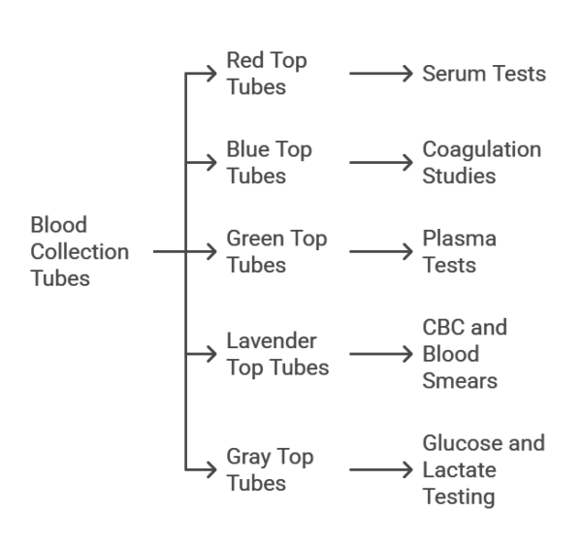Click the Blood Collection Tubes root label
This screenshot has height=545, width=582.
coord(80,251)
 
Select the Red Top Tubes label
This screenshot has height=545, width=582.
coord(266,74)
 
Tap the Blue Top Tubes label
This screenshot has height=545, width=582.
coord(269,162)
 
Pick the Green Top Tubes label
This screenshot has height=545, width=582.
coord(276,251)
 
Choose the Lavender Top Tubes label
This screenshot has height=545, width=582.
coord(276,354)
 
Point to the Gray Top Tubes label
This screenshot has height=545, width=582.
coord(270,468)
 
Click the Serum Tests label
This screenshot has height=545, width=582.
coord(484,74)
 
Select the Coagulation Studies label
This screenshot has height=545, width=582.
coord(481,162)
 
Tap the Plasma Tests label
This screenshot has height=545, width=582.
coord(459,251)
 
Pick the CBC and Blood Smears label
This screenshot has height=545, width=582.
coord(464,354)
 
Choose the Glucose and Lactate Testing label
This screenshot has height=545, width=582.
coord(483,469)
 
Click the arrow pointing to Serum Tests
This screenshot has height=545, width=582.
coord(382,74)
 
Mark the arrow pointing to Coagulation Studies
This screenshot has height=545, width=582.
coord(382,162)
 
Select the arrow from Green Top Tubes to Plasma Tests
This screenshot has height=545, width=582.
coord(382,251)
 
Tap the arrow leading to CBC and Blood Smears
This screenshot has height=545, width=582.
coord(382,354)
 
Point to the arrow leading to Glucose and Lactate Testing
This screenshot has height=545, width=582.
coord(382,469)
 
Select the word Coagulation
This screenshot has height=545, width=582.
coord(481,150)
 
